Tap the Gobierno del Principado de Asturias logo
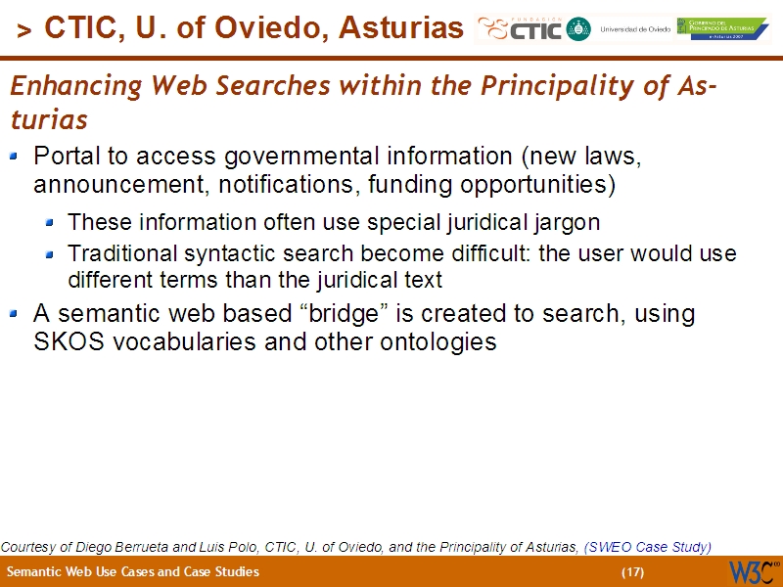point(722,29)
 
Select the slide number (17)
point(632,572)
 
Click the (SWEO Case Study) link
point(647,547)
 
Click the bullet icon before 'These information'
point(49,222)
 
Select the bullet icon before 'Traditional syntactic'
point(49,254)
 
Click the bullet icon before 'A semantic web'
point(14,314)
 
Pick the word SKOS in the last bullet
point(65,342)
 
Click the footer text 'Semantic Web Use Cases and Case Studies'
point(133,572)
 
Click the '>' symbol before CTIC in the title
point(24,30)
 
